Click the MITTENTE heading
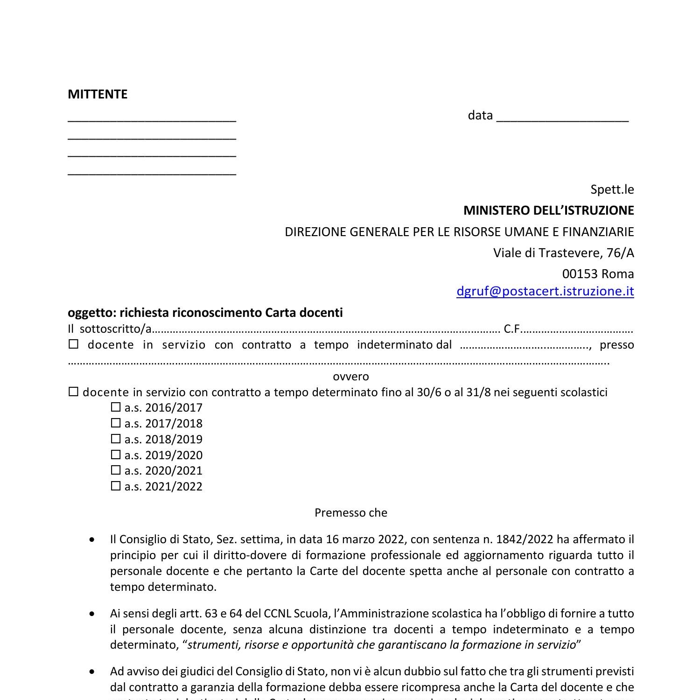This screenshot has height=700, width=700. click(x=98, y=94)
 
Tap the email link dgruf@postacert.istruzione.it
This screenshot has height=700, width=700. click(x=545, y=291)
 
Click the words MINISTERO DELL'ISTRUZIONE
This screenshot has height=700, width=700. click(x=548, y=210)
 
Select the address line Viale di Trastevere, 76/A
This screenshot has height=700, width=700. click(x=563, y=253)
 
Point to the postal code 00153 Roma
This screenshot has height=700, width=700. click(x=597, y=273)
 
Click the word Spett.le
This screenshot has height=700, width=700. click(x=612, y=189)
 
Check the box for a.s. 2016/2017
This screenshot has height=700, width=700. click(x=116, y=407)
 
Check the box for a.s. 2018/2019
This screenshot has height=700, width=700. click(x=116, y=439)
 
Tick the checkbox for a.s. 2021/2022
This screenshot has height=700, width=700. click(x=116, y=486)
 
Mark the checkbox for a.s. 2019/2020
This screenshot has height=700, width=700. click(x=116, y=455)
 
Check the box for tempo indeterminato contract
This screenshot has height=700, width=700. click(x=74, y=345)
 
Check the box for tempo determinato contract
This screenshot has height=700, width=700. click(x=73, y=392)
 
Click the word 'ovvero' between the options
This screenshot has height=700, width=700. click(x=350, y=377)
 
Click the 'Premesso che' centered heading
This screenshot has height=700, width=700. click(x=350, y=513)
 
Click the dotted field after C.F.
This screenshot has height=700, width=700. click(x=577, y=329)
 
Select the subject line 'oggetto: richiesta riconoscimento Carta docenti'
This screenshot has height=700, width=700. click(x=205, y=313)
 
